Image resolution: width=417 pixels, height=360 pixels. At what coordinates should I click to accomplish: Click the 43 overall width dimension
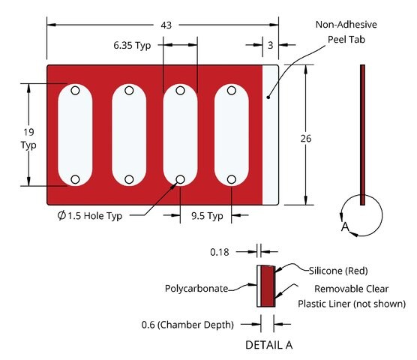(x=166, y=25)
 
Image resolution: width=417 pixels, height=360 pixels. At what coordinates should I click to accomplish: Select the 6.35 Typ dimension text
(x=132, y=46)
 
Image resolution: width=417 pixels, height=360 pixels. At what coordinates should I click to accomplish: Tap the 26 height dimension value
(x=306, y=139)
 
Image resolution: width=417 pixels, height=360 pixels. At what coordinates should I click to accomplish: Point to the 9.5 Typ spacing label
(x=207, y=216)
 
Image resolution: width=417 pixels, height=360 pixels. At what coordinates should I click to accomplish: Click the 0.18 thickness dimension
(x=220, y=252)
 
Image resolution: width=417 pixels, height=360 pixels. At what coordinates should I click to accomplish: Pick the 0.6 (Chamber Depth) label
(x=187, y=325)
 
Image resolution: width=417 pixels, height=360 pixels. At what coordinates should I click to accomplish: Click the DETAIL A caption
(x=268, y=345)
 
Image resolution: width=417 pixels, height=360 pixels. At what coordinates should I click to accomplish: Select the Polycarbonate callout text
(x=196, y=289)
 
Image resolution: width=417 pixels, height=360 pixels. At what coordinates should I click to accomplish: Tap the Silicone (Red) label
(x=338, y=271)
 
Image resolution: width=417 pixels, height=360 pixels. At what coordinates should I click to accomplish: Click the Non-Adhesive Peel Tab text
(x=346, y=32)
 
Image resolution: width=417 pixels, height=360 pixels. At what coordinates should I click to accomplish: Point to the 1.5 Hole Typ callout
(x=89, y=216)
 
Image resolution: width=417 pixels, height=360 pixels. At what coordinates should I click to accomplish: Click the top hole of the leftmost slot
(x=75, y=91)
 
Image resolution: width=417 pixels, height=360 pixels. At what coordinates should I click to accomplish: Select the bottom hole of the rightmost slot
(x=231, y=179)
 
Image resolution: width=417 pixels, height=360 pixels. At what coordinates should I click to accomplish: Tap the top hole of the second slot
(x=129, y=91)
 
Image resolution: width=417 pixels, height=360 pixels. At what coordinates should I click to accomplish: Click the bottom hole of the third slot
(x=180, y=179)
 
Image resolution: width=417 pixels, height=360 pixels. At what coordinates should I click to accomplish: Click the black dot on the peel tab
(x=268, y=97)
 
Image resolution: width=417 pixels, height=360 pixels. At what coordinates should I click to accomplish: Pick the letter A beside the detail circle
(x=345, y=226)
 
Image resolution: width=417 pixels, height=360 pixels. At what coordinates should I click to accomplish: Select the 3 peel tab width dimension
(x=271, y=46)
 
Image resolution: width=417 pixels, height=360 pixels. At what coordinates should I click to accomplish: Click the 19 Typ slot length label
(x=28, y=139)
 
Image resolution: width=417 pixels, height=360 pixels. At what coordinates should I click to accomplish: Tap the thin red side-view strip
(x=362, y=135)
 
